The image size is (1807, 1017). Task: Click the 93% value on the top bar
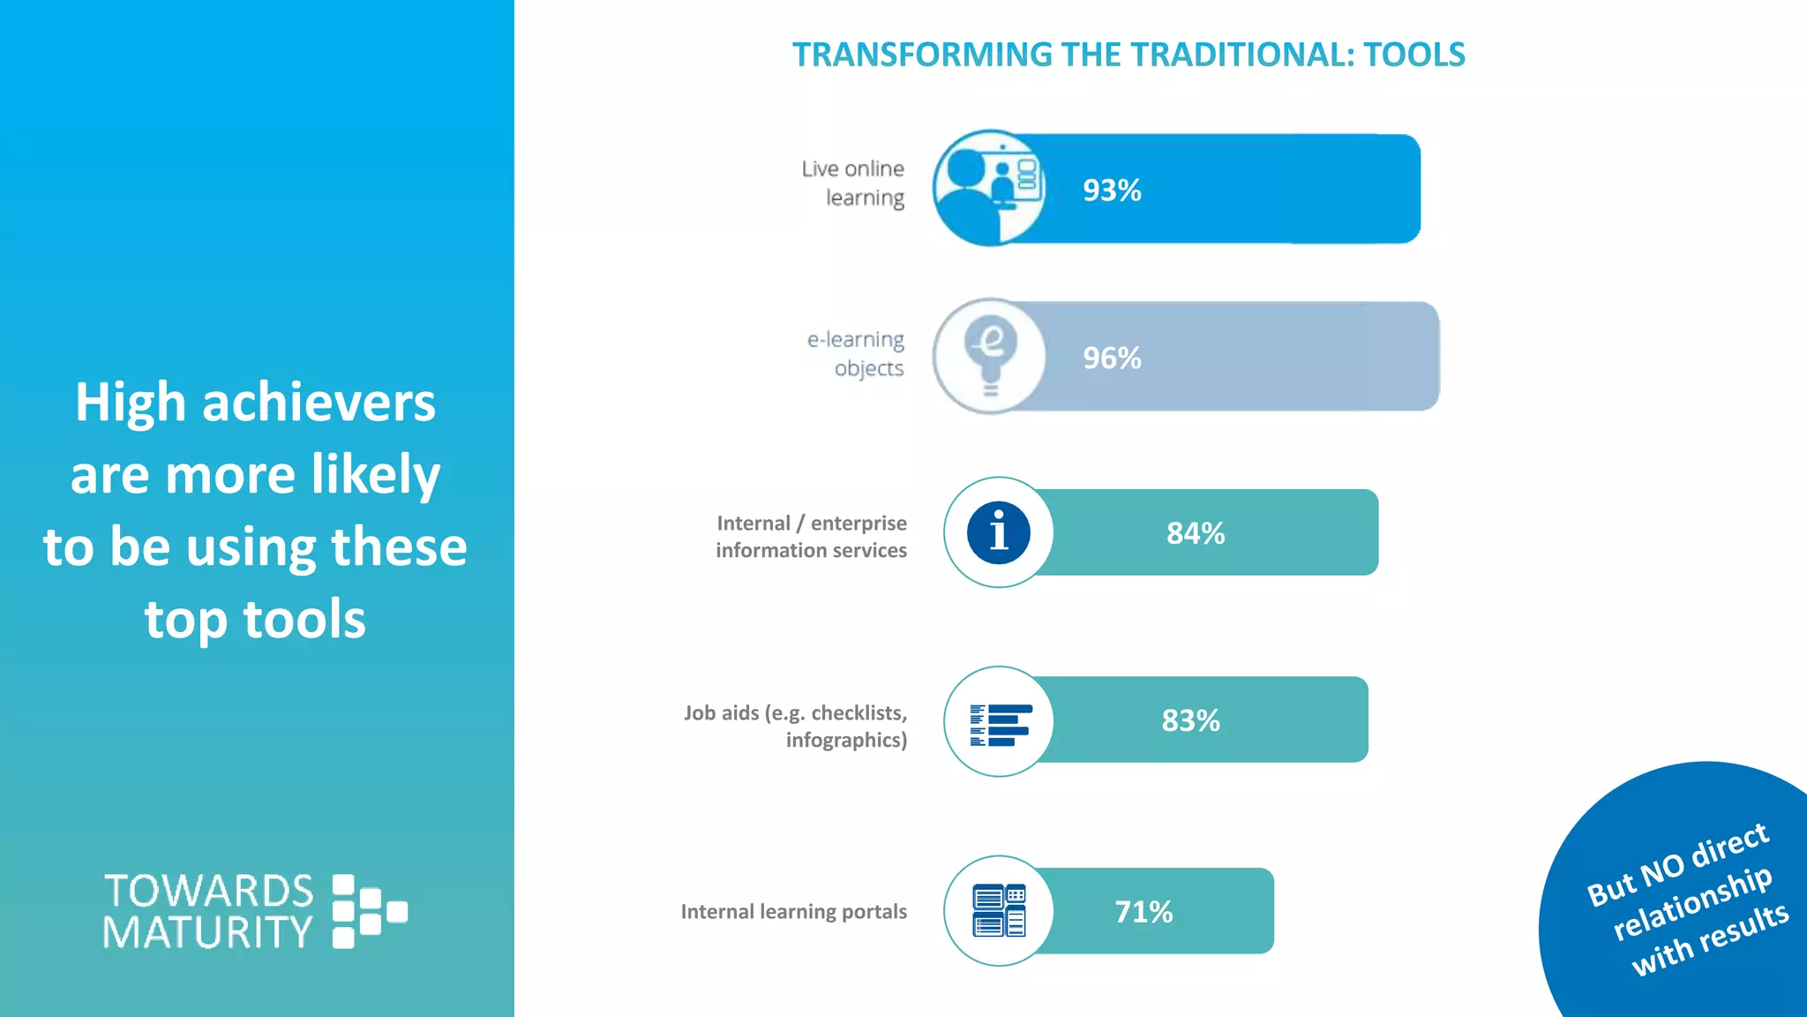1112,191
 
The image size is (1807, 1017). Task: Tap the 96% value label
1112,358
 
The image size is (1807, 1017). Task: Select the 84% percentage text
1196,533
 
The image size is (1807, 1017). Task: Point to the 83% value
1190,720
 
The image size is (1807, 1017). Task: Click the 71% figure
1143,912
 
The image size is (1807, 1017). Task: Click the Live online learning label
854,183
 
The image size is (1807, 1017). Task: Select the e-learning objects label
857,353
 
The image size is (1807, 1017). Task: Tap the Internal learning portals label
793,912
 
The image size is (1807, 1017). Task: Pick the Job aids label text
796,726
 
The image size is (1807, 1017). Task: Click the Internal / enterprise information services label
811,537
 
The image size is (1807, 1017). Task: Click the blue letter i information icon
998,533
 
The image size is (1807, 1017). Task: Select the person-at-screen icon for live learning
988,188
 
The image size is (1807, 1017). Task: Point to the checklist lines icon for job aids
1000,725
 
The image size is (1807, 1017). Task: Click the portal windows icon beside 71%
999,910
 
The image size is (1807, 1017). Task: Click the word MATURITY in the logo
207,932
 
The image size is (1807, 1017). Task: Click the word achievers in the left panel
319,403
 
